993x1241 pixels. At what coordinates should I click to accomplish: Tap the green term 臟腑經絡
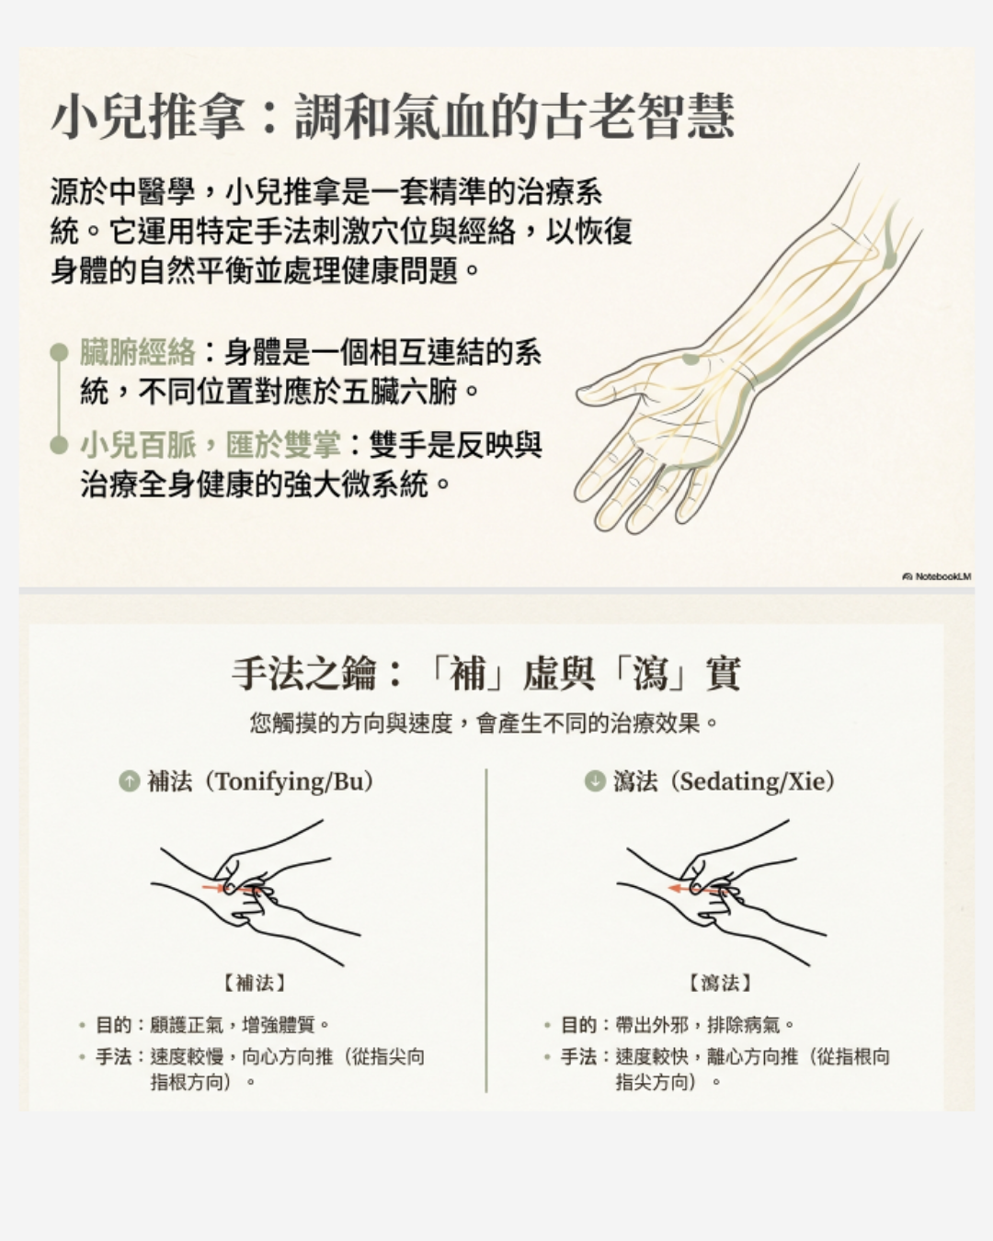pyautogui.click(x=137, y=352)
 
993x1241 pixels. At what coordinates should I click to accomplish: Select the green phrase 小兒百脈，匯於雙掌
pyautogui.click(x=211, y=445)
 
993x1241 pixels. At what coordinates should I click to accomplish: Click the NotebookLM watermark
pyautogui.click(x=937, y=576)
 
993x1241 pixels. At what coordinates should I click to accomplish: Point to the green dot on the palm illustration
pyautogui.click(x=691, y=359)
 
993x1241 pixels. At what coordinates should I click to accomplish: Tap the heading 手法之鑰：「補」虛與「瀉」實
pyautogui.click(x=485, y=673)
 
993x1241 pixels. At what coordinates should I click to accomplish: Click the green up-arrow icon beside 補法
pyautogui.click(x=130, y=781)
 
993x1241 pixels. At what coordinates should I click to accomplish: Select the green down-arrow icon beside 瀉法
pyautogui.click(x=595, y=781)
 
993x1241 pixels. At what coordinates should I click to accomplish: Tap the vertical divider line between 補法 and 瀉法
pyautogui.click(x=486, y=930)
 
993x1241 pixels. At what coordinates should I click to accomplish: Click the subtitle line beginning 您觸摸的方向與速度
pyautogui.click(x=485, y=723)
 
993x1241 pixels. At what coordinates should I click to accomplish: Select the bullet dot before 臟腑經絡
pyautogui.click(x=60, y=352)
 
